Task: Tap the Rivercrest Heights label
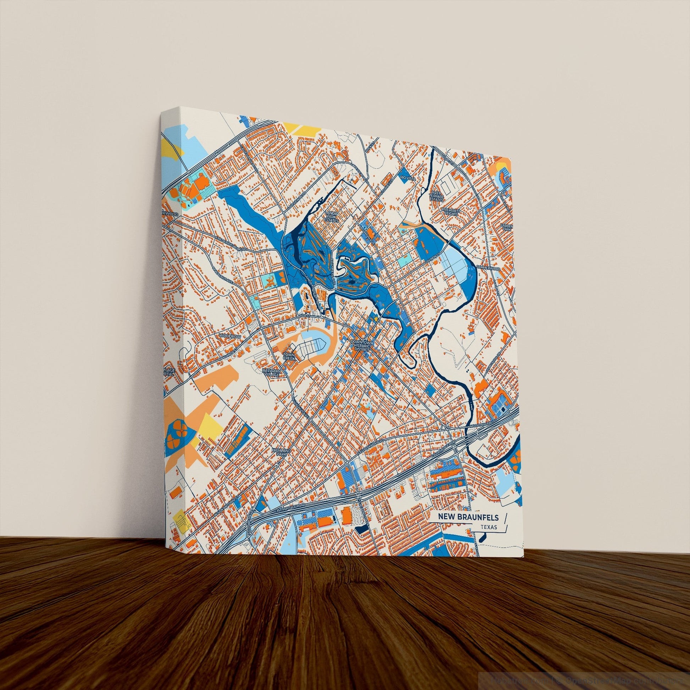451,212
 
